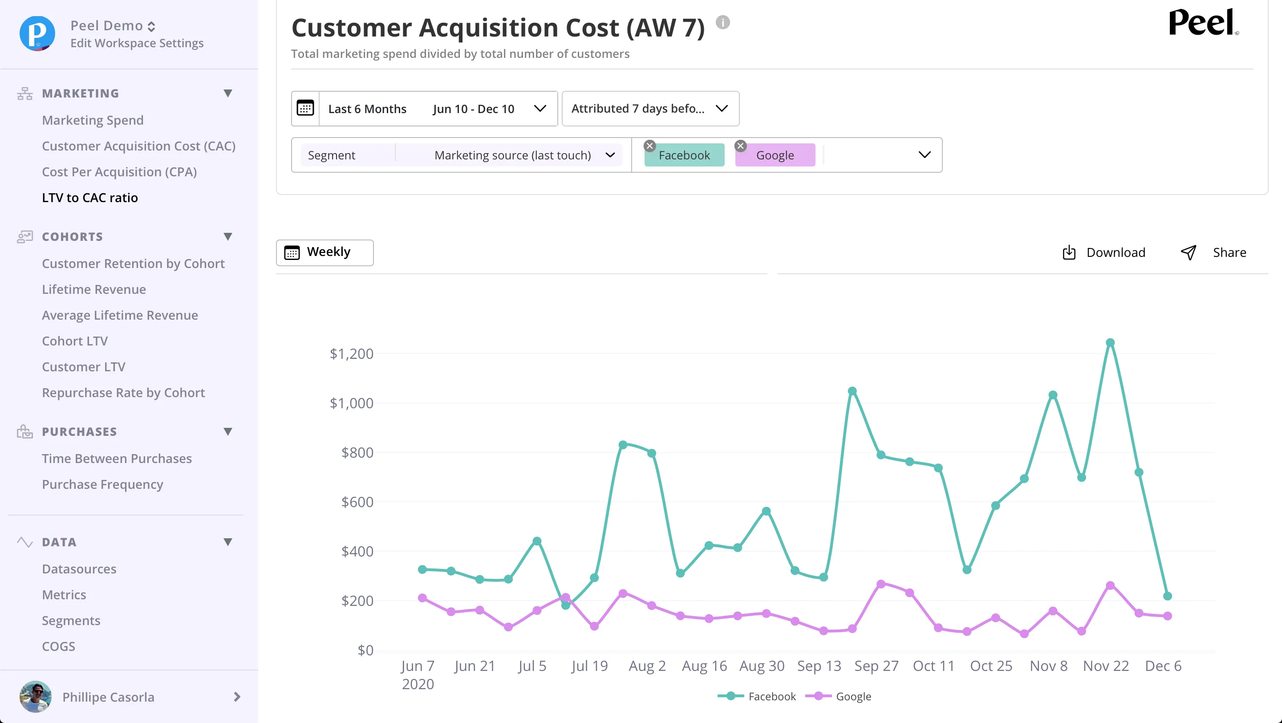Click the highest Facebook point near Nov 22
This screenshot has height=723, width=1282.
1110,343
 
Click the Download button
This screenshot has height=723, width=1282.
1104,253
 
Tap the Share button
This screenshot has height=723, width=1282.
1213,253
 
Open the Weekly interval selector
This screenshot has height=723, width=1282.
325,253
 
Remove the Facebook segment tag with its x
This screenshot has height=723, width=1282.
649,146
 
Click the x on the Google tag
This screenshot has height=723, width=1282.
741,146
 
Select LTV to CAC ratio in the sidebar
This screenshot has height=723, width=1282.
90,198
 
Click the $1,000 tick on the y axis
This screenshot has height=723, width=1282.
351,403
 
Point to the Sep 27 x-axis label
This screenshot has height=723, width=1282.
876,666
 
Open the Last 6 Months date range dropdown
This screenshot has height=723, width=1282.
425,109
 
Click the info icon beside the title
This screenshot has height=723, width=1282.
722,22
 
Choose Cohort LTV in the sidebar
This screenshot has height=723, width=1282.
75,341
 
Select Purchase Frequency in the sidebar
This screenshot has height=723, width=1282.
102,484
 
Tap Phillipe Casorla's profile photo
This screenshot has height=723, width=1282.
35,697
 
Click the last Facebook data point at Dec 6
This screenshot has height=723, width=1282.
1168,596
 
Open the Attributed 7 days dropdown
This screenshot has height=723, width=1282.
650,109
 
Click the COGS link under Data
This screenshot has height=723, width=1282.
59,646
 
